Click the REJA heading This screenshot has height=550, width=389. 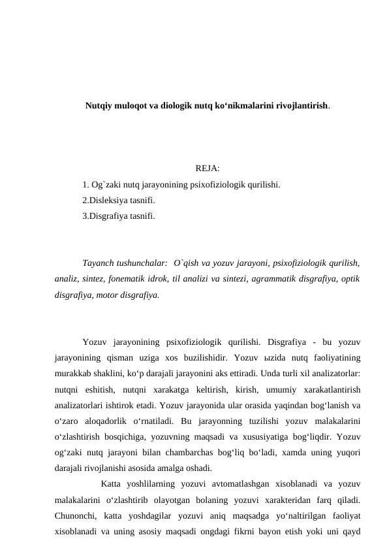(207, 172)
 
